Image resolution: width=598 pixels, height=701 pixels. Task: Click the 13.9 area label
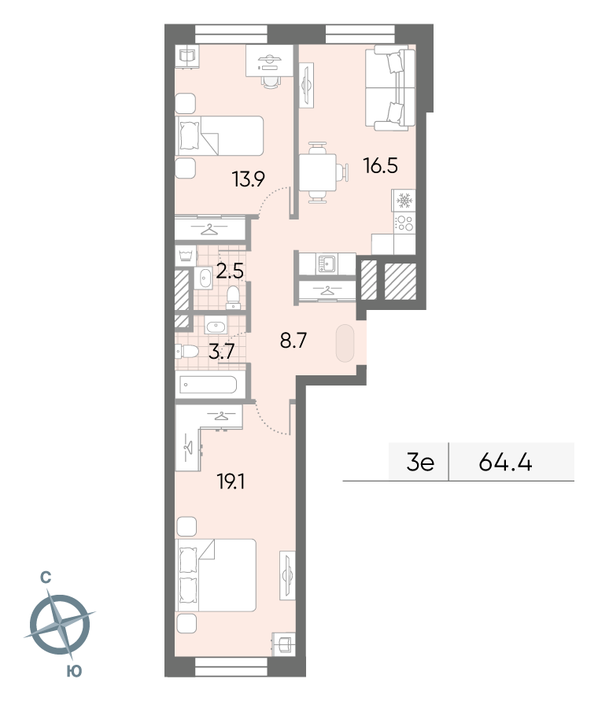pyautogui.click(x=248, y=179)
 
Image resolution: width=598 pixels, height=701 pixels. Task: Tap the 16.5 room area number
pyautogui.click(x=381, y=166)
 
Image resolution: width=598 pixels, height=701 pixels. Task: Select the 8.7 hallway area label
pyautogui.click(x=293, y=341)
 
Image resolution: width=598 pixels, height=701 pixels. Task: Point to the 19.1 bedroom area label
pyautogui.click(x=231, y=482)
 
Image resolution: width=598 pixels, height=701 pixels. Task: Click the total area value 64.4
pyautogui.click(x=505, y=462)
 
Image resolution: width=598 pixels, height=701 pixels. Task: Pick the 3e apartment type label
pyautogui.click(x=420, y=463)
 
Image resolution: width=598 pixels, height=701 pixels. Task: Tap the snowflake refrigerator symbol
pyautogui.click(x=404, y=200)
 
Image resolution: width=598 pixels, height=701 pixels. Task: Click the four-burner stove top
pyautogui.click(x=404, y=223)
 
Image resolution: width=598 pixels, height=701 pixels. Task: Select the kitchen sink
pyautogui.click(x=327, y=264)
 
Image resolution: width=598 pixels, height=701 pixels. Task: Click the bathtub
pyautogui.click(x=208, y=385)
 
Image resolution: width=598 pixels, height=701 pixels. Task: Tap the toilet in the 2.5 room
pyautogui.click(x=233, y=297)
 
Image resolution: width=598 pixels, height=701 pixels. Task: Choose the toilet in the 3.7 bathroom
pyautogui.click(x=187, y=352)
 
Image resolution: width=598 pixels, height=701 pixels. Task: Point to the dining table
pyautogui.click(x=318, y=172)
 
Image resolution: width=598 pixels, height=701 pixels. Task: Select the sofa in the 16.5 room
pyautogui.click(x=390, y=90)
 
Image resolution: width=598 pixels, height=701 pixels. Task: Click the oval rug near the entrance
pyautogui.click(x=345, y=343)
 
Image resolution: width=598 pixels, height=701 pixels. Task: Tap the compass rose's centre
pyautogui.click(x=60, y=625)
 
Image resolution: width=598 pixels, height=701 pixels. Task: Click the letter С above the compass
pyautogui.click(x=46, y=578)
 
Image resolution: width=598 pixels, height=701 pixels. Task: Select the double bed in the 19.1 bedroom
pyautogui.click(x=216, y=575)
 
